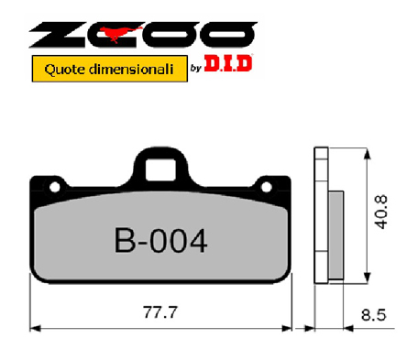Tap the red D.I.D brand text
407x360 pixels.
tap(228, 63)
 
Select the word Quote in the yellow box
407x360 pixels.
tap(63, 70)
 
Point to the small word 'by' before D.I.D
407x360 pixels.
tap(196, 68)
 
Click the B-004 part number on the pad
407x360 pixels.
tap(161, 241)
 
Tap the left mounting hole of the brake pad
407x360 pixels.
tap(55, 187)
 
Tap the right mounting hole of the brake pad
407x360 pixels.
tap(267, 187)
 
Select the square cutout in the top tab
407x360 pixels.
tap(160, 169)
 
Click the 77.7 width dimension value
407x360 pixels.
tap(160, 312)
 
